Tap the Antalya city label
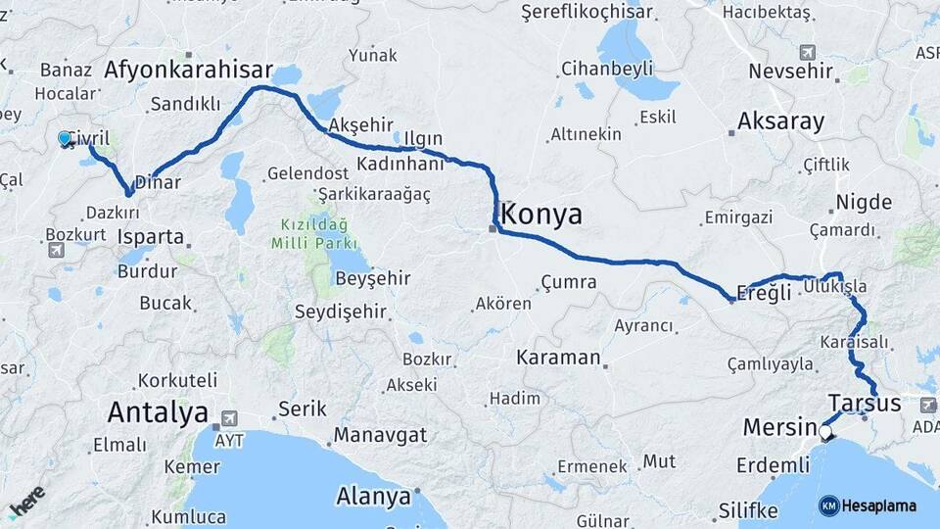[158, 411]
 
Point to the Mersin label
[779, 428]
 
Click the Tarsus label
[864, 403]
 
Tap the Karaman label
[558, 358]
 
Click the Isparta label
[150, 237]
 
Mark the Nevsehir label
[790, 72]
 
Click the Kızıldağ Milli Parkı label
[316, 232]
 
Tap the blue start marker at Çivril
[66, 139]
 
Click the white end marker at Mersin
[825, 432]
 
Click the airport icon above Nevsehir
[807, 51]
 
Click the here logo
[26, 501]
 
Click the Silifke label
[748, 510]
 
